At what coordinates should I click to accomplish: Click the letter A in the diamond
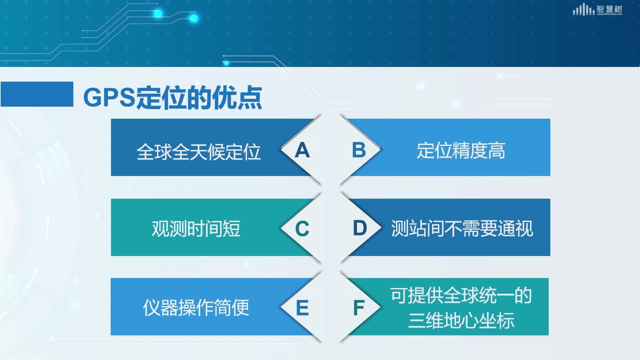coord(302,150)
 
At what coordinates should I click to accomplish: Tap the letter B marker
coord(359,149)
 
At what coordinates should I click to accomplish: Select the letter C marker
coord(302,228)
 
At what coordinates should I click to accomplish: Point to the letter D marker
coord(359,228)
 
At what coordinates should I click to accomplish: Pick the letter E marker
coord(302,307)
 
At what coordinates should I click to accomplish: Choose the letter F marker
coord(359,307)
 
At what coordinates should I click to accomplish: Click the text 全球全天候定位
coord(198,151)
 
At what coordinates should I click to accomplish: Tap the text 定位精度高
coord(461,150)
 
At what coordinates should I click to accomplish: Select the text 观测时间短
coord(195,228)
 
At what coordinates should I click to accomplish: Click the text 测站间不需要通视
coord(462,228)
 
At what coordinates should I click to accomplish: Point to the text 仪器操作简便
coord(195,307)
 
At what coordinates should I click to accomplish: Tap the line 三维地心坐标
coord(461,320)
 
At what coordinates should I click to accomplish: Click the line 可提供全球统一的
coord(461,295)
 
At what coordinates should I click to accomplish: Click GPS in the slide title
coord(109,97)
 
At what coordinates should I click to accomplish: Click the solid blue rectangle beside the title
coord(37,94)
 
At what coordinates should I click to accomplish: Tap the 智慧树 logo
coord(597,9)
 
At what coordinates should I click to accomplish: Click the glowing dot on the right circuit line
coord(193,18)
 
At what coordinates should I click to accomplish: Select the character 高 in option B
coord(496,150)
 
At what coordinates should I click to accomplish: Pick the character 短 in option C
coord(231,228)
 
